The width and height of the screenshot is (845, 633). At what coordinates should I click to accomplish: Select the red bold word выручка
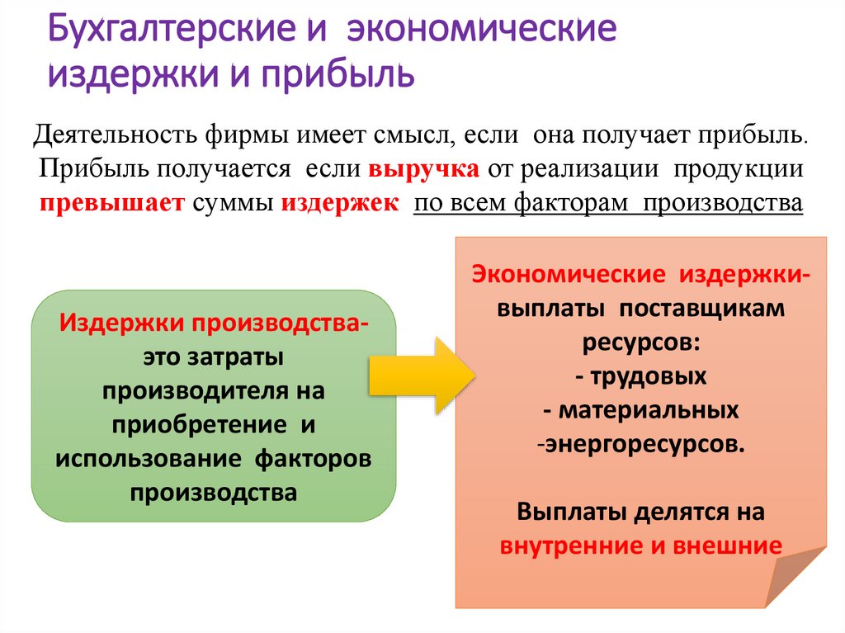point(423,170)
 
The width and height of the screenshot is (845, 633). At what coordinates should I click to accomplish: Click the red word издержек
point(340,204)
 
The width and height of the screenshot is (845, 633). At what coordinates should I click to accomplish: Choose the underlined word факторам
point(574,204)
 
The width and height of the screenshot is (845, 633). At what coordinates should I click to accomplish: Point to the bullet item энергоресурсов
point(644,444)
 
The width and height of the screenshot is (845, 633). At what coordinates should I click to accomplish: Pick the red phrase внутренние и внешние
point(640,546)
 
